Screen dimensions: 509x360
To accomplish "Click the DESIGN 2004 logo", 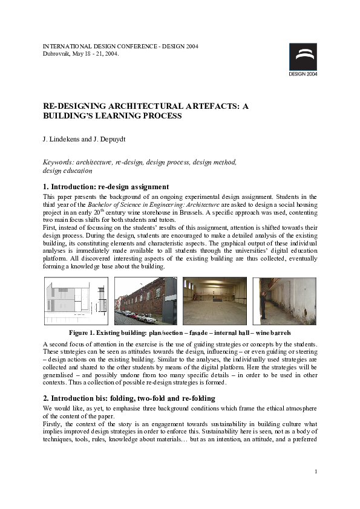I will pyautogui.click(x=303, y=59).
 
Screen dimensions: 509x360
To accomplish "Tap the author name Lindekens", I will pyautogui.click(x=65, y=140).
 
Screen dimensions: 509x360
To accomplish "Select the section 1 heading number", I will pyautogui.click(x=46, y=187).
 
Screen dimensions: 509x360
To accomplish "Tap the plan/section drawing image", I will pyautogui.click(x=76, y=301).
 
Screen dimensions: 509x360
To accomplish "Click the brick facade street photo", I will pyautogui.click(x=145, y=301).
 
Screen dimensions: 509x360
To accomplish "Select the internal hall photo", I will pyautogui.click(x=214, y=301).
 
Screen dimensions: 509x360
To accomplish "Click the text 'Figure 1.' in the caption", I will pyautogui.click(x=84, y=332).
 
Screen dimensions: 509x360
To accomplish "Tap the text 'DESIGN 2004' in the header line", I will pyautogui.click(x=180, y=46).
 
